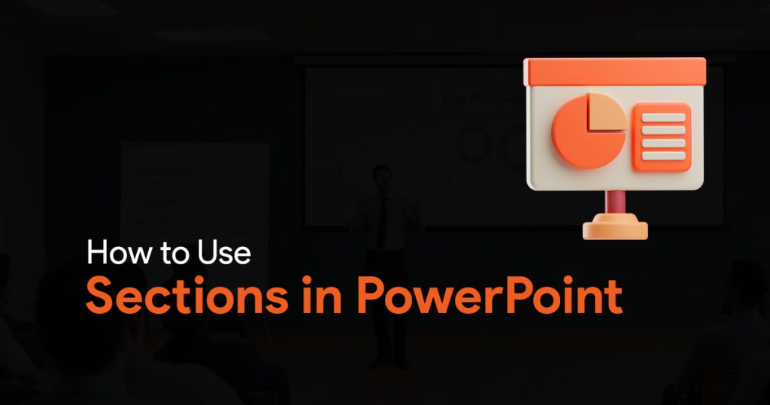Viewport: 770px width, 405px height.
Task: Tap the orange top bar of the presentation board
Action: [x=615, y=72]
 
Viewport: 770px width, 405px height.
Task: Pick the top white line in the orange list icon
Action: [x=663, y=117]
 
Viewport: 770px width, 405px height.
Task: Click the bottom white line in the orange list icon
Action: [x=663, y=156]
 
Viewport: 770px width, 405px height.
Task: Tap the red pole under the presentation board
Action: [x=615, y=202]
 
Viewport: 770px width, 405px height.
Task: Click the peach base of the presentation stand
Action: [x=615, y=227]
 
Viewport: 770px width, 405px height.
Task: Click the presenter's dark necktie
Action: [x=382, y=221]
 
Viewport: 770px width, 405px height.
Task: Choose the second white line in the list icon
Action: [x=663, y=130]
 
